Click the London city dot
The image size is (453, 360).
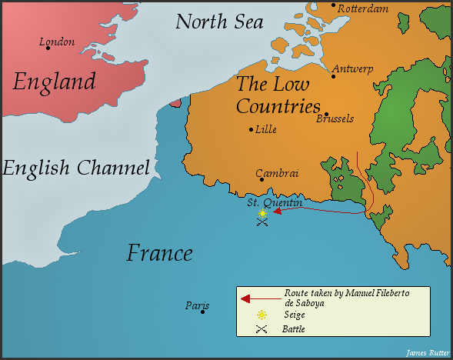48,48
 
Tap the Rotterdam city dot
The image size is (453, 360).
333,5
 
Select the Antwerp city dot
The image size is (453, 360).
333,76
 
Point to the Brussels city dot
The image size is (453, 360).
326,114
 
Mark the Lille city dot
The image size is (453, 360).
251,129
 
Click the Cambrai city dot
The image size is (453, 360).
261,180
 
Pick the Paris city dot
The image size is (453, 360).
202,312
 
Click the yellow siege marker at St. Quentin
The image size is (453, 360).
262,213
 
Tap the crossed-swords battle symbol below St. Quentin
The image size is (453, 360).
262,222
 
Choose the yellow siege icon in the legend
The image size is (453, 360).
261,315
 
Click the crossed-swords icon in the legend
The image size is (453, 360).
261,329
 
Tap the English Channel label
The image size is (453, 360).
75,168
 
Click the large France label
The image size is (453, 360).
159,252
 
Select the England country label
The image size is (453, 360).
54,81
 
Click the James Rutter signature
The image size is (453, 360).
427,353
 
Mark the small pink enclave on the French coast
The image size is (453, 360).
175,102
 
